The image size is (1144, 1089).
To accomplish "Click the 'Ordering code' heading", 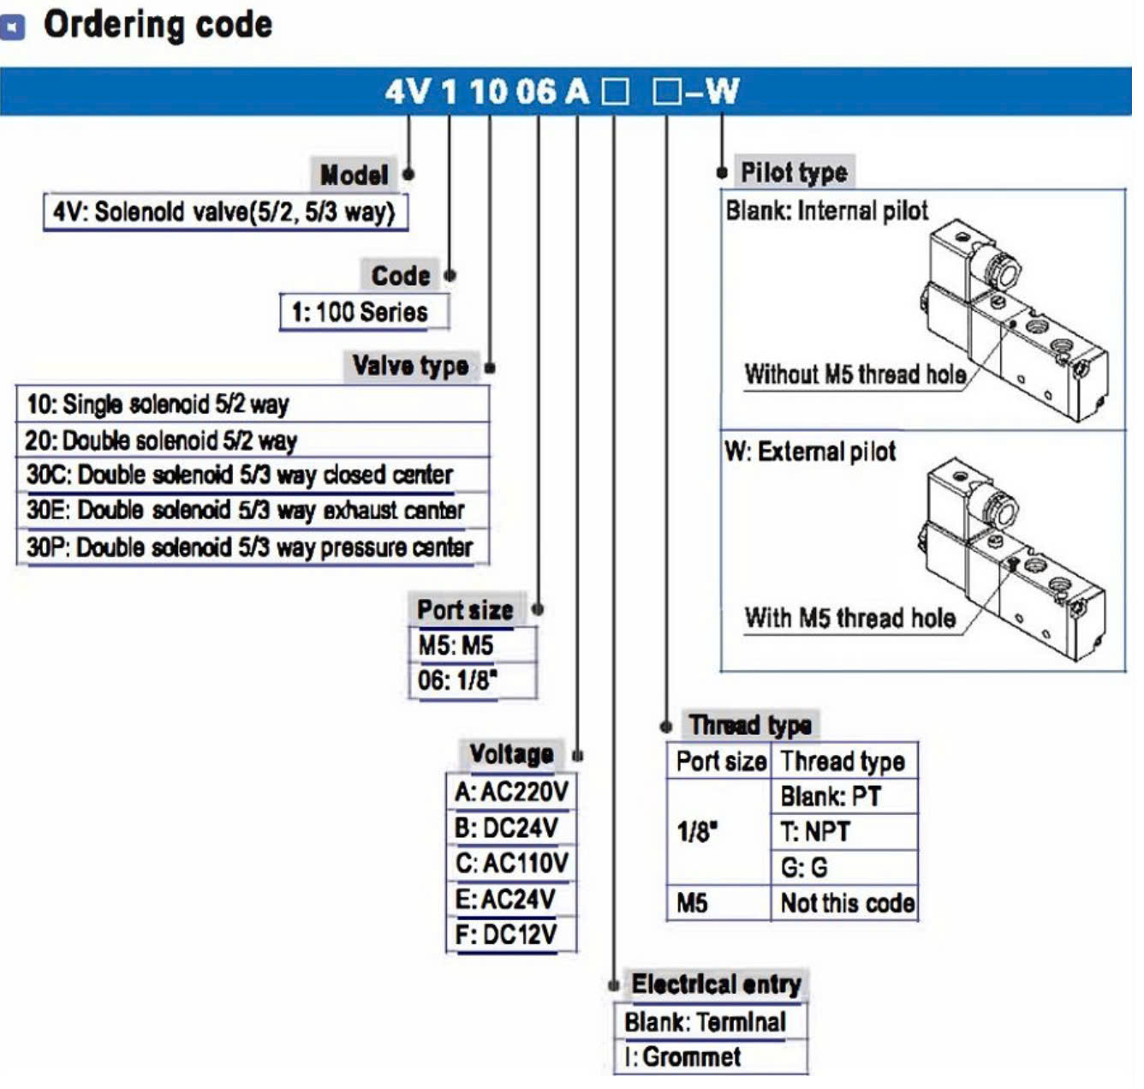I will [x=158, y=25].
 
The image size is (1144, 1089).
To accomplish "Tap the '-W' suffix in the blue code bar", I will [x=712, y=92].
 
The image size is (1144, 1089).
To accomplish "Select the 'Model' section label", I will [x=354, y=176].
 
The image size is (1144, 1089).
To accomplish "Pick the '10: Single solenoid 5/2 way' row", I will [x=158, y=404].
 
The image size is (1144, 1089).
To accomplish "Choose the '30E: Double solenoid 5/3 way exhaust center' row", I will [x=246, y=511].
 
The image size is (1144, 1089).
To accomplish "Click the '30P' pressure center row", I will [x=249, y=547].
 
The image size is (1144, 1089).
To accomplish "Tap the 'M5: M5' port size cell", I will [x=456, y=645].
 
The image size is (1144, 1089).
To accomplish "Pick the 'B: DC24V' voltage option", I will [x=507, y=828].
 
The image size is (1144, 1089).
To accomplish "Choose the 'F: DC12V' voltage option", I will [x=506, y=935].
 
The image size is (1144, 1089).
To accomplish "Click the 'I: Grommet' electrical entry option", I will [x=683, y=1056].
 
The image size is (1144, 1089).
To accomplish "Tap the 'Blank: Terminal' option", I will [x=705, y=1022].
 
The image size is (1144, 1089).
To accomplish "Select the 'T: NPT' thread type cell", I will [x=815, y=831].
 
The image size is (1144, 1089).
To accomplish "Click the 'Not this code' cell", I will [x=847, y=903].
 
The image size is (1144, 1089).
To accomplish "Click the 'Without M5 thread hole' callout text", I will [x=855, y=374].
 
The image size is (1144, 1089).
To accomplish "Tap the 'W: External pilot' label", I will [x=810, y=452].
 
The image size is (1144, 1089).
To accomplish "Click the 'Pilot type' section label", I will [x=794, y=172].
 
